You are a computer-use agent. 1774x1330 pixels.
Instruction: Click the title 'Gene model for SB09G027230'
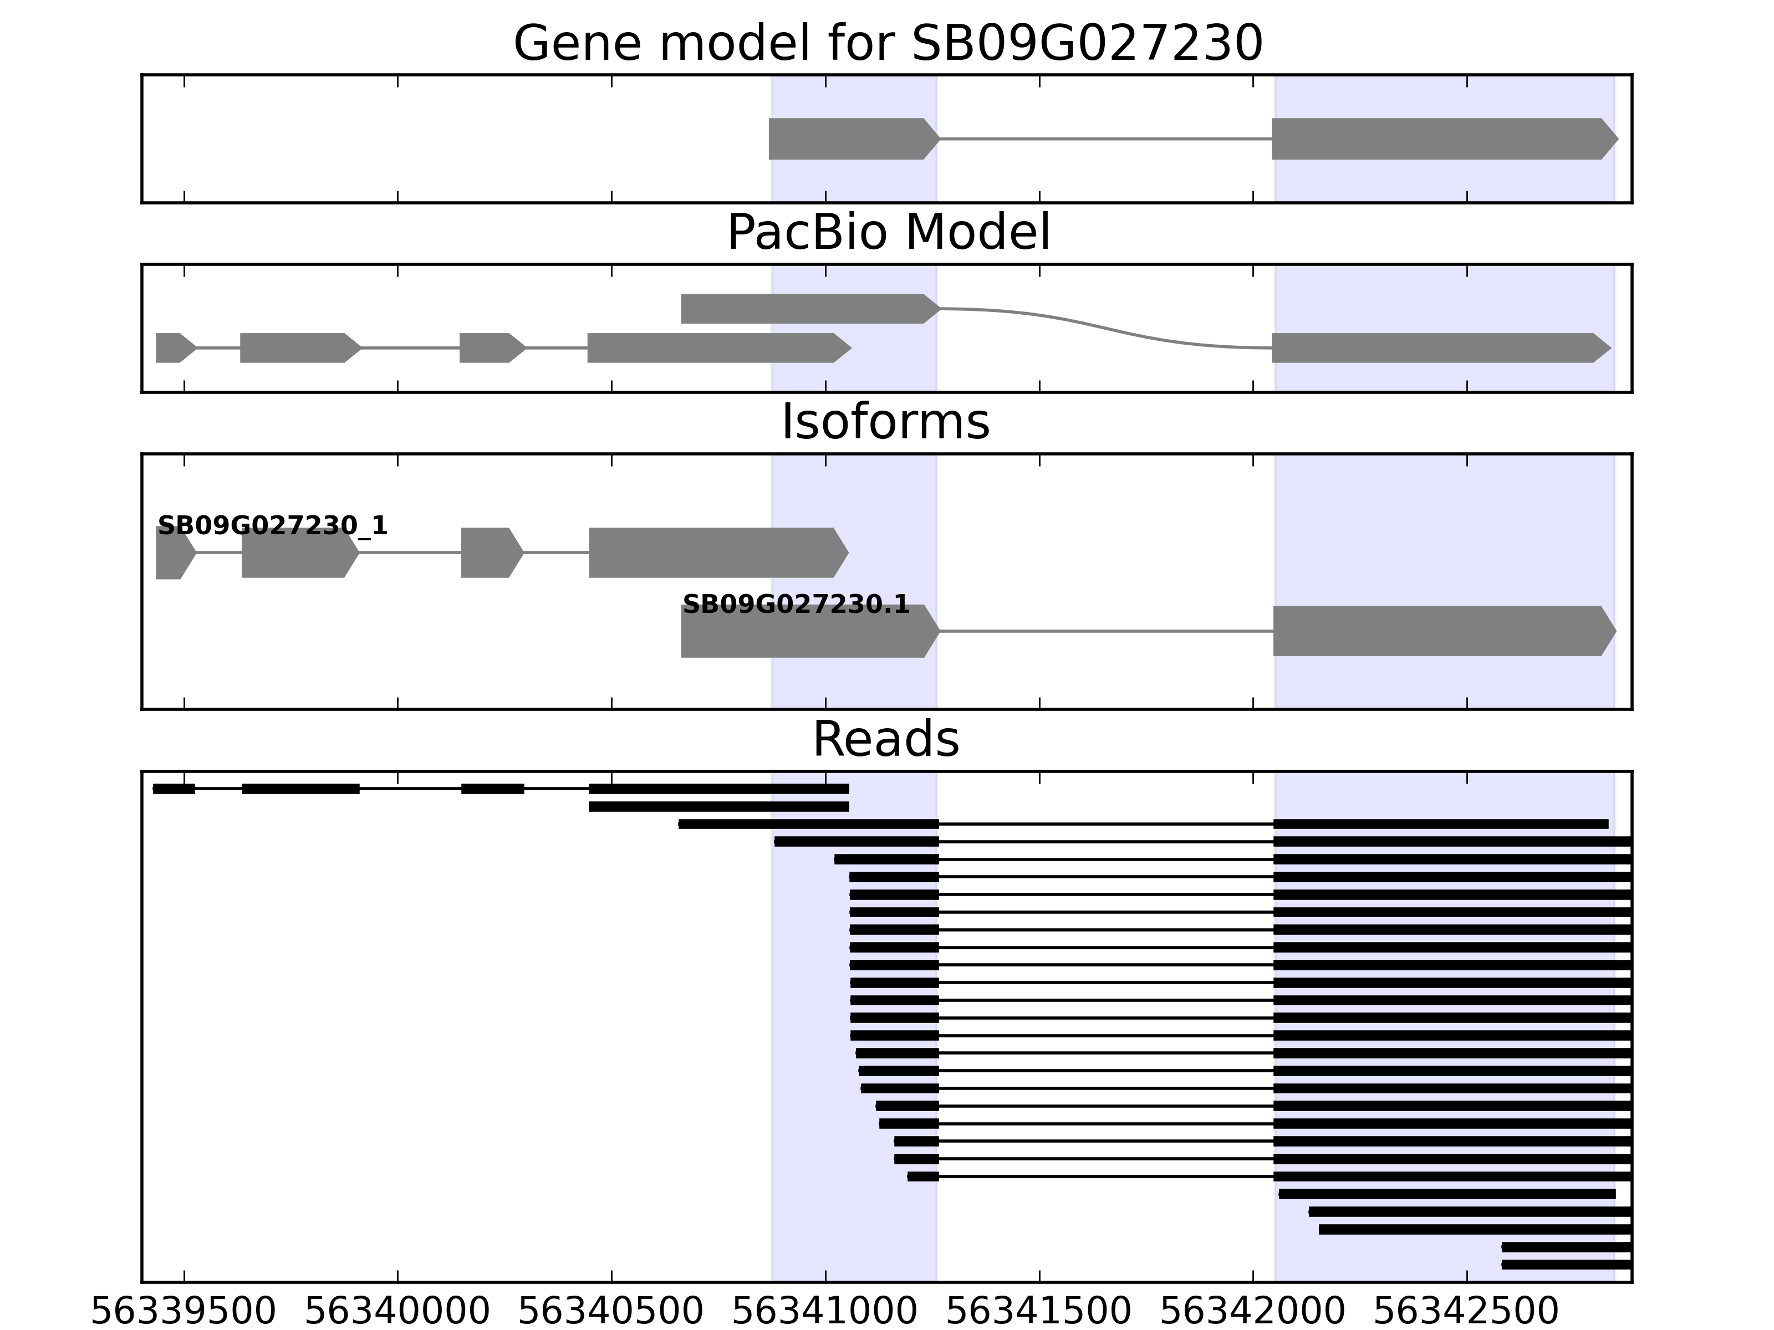click(x=887, y=43)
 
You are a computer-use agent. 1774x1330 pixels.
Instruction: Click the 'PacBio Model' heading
click(x=887, y=233)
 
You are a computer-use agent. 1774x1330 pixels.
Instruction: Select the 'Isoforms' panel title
click(x=885, y=422)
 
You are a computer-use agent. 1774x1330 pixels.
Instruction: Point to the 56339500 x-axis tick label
click(x=183, y=1312)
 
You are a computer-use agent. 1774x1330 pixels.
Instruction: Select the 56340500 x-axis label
click(x=611, y=1312)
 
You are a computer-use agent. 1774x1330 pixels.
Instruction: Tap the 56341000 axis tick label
click(x=824, y=1312)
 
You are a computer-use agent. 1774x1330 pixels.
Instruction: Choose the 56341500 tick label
click(x=1038, y=1312)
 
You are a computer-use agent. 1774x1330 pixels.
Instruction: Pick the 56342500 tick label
click(x=1466, y=1312)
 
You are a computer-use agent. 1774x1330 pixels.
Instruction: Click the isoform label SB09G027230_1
click(x=273, y=526)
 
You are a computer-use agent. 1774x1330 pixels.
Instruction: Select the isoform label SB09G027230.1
click(x=796, y=605)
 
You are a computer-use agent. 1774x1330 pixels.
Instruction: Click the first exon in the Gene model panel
click(x=850, y=139)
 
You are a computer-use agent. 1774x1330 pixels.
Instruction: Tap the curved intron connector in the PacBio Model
click(x=1107, y=328)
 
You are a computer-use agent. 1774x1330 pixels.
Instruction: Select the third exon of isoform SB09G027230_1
click(x=489, y=553)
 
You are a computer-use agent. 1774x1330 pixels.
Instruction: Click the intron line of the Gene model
click(x=1105, y=139)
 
